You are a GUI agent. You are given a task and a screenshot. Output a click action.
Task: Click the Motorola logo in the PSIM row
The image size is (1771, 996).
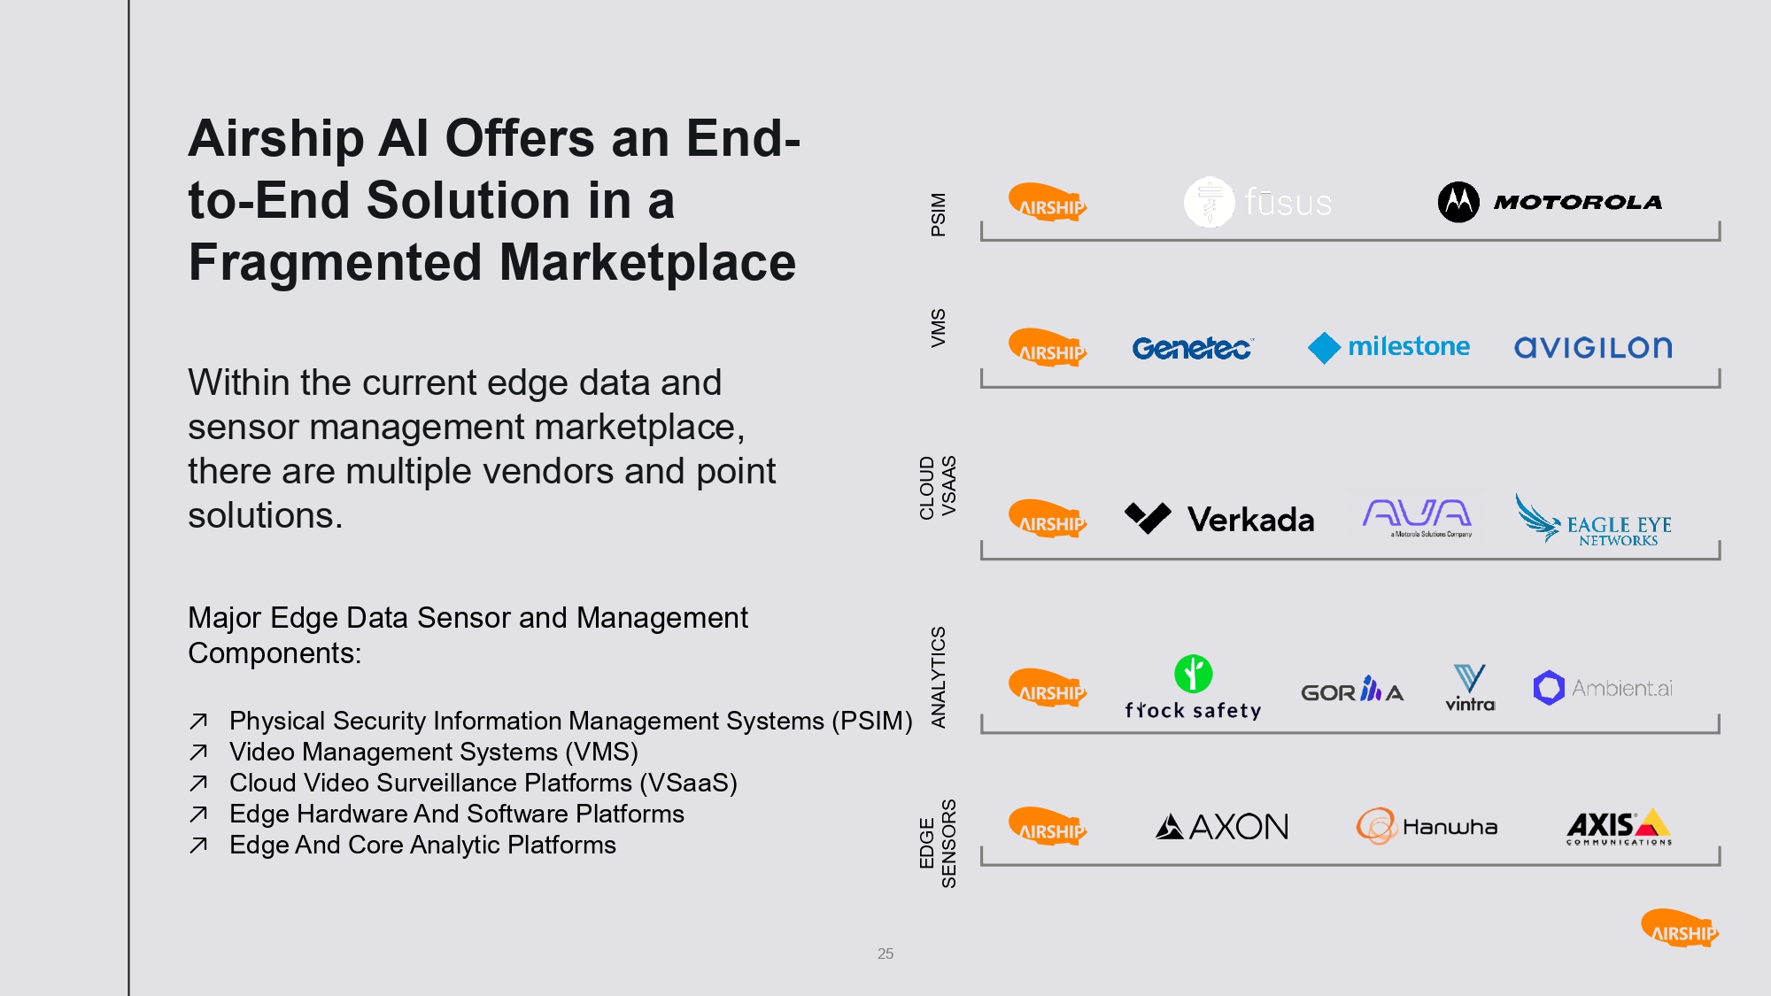(1550, 202)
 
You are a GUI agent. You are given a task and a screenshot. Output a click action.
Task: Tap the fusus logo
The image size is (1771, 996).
(1257, 202)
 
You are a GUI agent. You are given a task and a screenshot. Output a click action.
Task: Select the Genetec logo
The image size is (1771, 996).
(1192, 348)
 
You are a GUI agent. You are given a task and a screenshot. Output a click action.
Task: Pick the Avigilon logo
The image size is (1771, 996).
(1593, 347)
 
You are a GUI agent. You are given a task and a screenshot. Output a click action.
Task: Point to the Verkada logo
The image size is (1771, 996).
(1219, 519)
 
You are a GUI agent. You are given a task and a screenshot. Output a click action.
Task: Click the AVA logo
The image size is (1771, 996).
(1417, 517)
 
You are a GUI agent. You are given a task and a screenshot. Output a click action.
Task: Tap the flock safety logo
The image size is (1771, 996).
(1193, 689)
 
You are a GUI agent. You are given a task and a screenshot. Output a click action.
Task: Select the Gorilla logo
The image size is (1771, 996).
(1352, 691)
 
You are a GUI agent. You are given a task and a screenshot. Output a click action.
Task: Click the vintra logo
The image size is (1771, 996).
(1470, 689)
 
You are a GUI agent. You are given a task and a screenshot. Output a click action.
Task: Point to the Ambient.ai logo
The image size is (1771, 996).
(1603, 688)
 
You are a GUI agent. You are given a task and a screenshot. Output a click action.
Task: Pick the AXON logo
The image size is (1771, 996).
(1222, 827)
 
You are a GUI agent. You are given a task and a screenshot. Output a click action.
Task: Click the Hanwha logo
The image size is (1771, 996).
(1427, 827)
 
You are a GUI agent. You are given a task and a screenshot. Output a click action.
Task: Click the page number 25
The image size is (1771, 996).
(885, 954)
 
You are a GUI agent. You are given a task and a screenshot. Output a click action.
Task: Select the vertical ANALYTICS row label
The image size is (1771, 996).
(939, 677)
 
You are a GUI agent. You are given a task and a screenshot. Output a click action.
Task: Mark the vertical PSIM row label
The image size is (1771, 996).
(939, 214)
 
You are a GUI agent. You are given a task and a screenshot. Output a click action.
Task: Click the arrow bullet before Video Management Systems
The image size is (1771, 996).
(198, 753)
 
